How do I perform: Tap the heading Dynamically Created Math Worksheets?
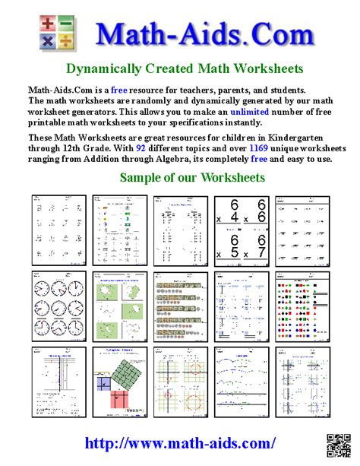pyautogui.click(x=185, y=68)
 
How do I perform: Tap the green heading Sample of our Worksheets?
pyautogui.click(x=191, y=178)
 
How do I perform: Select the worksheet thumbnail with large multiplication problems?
pyautogui.click(x=240, y=227)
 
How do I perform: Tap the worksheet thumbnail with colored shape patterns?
pyautogui.click(x=301, y=303)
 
